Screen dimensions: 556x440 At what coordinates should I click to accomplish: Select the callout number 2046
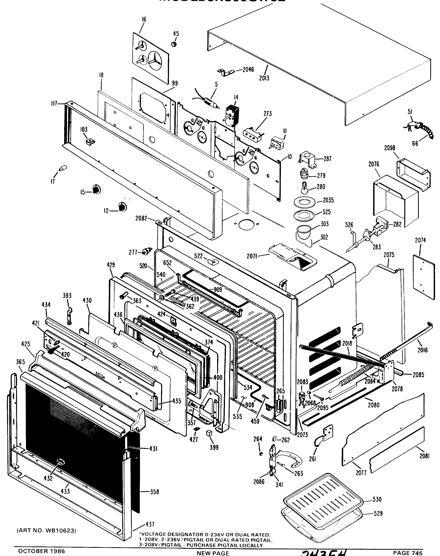248,69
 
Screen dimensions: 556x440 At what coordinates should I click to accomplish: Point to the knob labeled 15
97,190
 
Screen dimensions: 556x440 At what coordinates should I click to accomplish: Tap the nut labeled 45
174,44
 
